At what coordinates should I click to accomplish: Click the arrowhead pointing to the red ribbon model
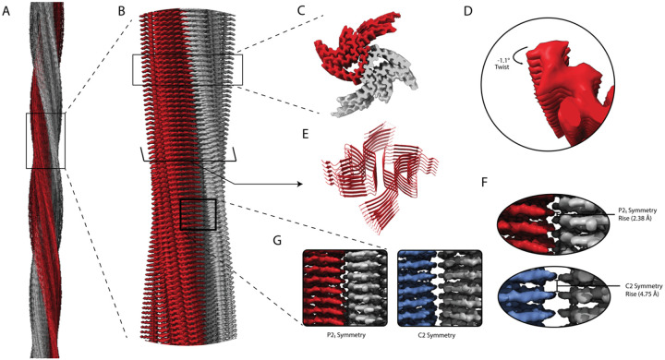[300, 184]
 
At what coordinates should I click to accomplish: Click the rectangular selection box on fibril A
[45, 140]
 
